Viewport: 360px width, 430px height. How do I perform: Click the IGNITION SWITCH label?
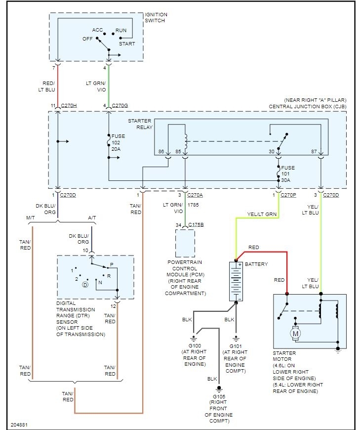pyautogui.click(x=156, y=18)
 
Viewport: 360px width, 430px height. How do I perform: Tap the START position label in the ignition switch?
pyautogui.click(x=127, y=43)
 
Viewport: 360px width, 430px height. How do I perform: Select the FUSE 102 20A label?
pyautogui.click(x=118, y=143)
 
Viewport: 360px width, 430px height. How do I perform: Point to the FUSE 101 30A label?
pyautogui.click(x=288, y=174)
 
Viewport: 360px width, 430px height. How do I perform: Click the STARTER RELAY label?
pyautogui.click(x=140, y=124)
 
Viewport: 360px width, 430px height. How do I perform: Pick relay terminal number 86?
pyautogui.click(x=161, y=152)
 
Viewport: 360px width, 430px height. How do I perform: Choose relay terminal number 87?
pyautogui.click(x=314, y=152)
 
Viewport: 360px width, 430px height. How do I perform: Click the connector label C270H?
pyautogui.click(x=69, y=106)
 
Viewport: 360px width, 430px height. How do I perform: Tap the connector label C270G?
pyautogui.click(x=120, y=106)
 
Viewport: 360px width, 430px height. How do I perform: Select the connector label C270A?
pyautogui.click(x=195, y=195)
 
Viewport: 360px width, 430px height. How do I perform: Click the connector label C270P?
pyautogui.click(x=288, y=195)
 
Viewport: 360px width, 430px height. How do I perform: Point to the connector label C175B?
pyautogui.click(x=196, y=225)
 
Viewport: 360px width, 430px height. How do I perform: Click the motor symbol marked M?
pyautogui.click(x=295, y=334)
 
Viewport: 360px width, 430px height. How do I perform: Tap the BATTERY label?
pyautogui.click(x=256, y=264)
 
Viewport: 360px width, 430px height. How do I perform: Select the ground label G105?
pyautogui.click(x=219, y=396)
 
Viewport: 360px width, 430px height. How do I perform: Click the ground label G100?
pyautogui.click(x=195, y=346)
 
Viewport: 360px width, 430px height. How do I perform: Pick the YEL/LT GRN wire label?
pyautogui.click(x=262, y=214)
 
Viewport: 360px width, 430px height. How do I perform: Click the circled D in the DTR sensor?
pyautogui.click(x=85, y=285)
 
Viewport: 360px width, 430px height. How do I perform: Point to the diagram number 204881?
pyautogui.click(x=19, y=425)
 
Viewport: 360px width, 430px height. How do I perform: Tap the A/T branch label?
pyautogui.click(x=92, y=218)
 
